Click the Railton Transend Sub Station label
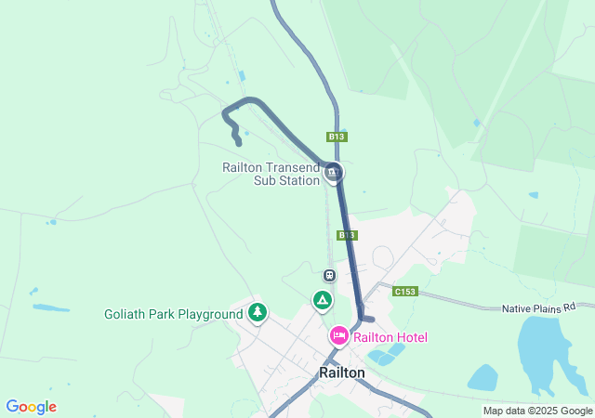(x=271, y=174)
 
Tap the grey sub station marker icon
(x=334, y=172)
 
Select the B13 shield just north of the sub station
(x=337, y=137)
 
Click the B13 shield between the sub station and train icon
(x=347, y=235)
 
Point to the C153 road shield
(x=404, y=291)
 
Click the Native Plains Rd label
(x=547, y=307)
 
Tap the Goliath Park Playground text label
(x=173, y=314)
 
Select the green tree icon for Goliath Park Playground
(x=258, y=312)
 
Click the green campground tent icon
(x=322, y=300)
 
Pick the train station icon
(x=329, y=275)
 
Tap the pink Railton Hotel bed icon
(x=338, y=335)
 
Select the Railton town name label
(x=342, y=372)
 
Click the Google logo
(x=31, y=407)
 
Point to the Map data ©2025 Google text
(x=537, y=411)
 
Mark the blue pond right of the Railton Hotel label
(x=386, y=354)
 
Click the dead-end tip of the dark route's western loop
(x=239, y=143)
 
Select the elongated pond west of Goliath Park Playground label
(x=51, y=307)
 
